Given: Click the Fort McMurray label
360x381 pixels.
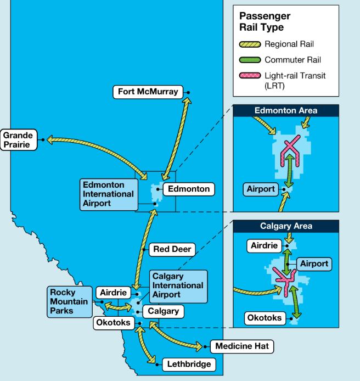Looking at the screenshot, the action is [x=148, y=92].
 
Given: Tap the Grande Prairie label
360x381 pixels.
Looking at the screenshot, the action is [x=19, y=139].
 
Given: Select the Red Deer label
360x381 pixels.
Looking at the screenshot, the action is [x=172, y=249].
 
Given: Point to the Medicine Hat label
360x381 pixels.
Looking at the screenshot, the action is [x=242, y=346].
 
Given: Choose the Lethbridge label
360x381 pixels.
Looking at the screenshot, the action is [x=189, y=364].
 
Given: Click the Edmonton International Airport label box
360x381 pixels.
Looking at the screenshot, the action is [x=109, y=194].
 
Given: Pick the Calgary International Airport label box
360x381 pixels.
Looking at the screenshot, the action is [x=178, y=286].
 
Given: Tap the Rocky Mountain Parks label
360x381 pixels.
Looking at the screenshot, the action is [x=70, y=302].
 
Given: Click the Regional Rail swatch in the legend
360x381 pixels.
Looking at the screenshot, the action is [x=250, y=44].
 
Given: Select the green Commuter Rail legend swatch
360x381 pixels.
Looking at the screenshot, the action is [x=250, y=60].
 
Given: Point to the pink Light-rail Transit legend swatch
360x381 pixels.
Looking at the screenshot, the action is [x=250, y=76].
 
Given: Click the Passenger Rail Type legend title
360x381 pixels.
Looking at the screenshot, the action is [x=265, y=21].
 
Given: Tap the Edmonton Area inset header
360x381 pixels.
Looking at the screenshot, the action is [x=286, y=110].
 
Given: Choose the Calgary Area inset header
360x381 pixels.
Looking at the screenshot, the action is [x=286, y=226].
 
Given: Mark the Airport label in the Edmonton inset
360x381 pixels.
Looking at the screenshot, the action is [x=261, y=189].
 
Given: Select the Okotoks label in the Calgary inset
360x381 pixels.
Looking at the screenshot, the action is [x=265, y=318].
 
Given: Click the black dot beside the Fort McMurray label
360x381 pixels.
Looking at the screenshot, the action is [x=188, y=93].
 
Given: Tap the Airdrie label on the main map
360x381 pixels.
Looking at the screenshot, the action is [x=113, y=293].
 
